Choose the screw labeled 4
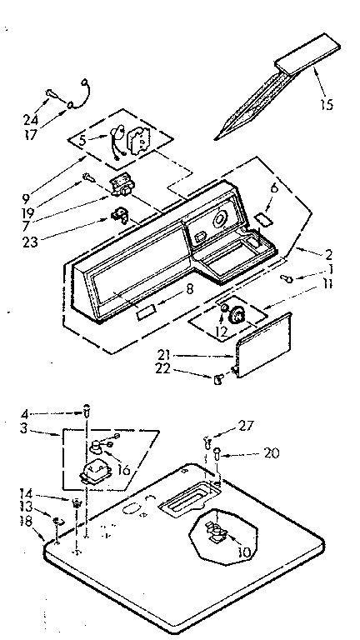pos(87,410)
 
